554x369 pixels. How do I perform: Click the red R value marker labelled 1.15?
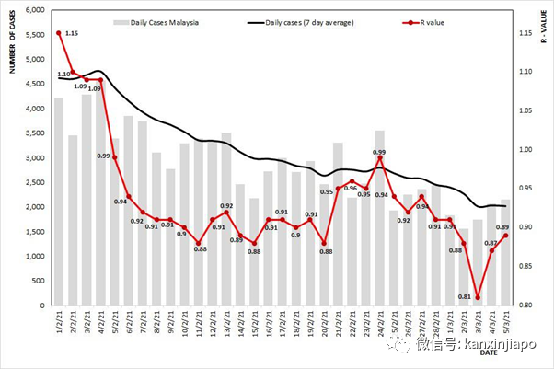[x=59, y=33]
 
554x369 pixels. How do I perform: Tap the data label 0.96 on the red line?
[x=351, y=188]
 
